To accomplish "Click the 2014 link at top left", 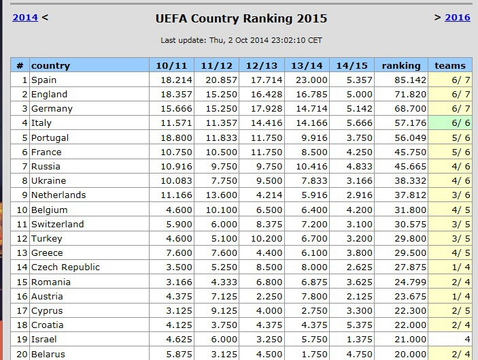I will click(x=25, y=18).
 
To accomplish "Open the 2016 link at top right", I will click(x=457, y=18).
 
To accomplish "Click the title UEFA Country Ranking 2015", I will click(x=241, y=18).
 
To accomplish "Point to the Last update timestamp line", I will click(x=241, y=40).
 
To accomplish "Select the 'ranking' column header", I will click(x=400, y=65).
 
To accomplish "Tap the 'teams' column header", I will click(x=450, y=65).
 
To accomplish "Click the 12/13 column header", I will click(x=262, y=65).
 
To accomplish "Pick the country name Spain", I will click(x=44, y=80).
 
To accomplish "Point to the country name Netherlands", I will click(x=58, y=195).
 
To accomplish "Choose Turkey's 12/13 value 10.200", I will click(x=262, y=239).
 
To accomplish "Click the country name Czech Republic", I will click(x=65, y=267).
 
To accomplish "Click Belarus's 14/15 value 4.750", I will click(x=353, y=354).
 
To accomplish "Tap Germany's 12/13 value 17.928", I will click(x=262, y=109).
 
